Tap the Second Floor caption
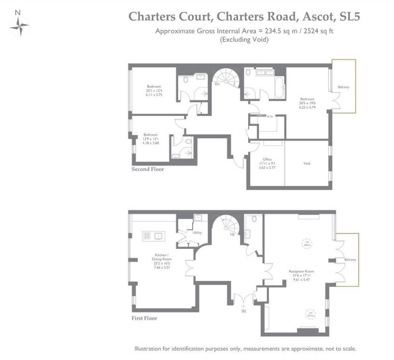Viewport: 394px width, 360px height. (148, 169)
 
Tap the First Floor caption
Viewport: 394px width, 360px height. (144, 318)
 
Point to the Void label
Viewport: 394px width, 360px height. (306, 163)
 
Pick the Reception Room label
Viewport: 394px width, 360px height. (301, 272)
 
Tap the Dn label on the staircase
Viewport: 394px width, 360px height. (217, 85)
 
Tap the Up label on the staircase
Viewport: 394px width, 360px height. (232, 233)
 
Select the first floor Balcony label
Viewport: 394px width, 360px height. (349, 260)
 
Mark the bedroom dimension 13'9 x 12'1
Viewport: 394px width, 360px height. (154, 139)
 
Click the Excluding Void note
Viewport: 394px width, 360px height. (244, 40)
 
